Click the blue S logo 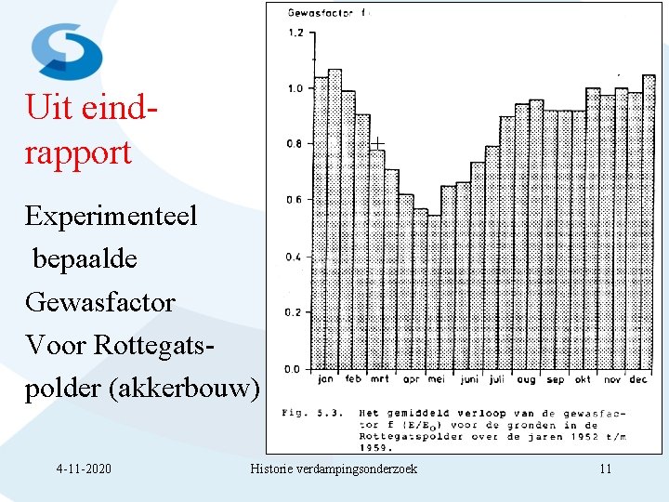click(66, 50)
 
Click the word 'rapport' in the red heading click(78, 152)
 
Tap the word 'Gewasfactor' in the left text click(99, 302)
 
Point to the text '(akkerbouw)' click(184, 388)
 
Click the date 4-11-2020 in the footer click(83, 469)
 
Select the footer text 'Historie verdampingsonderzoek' click(334, 469)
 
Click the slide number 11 click(605, 469)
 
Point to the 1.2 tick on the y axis click(295, 33)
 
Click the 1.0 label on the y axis click(295, 88)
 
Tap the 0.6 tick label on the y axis click(295, 200)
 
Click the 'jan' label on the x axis click(326, 380)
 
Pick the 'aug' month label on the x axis click(526, 380)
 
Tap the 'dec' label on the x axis click(637, 380)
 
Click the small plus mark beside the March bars click(377, 142)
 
